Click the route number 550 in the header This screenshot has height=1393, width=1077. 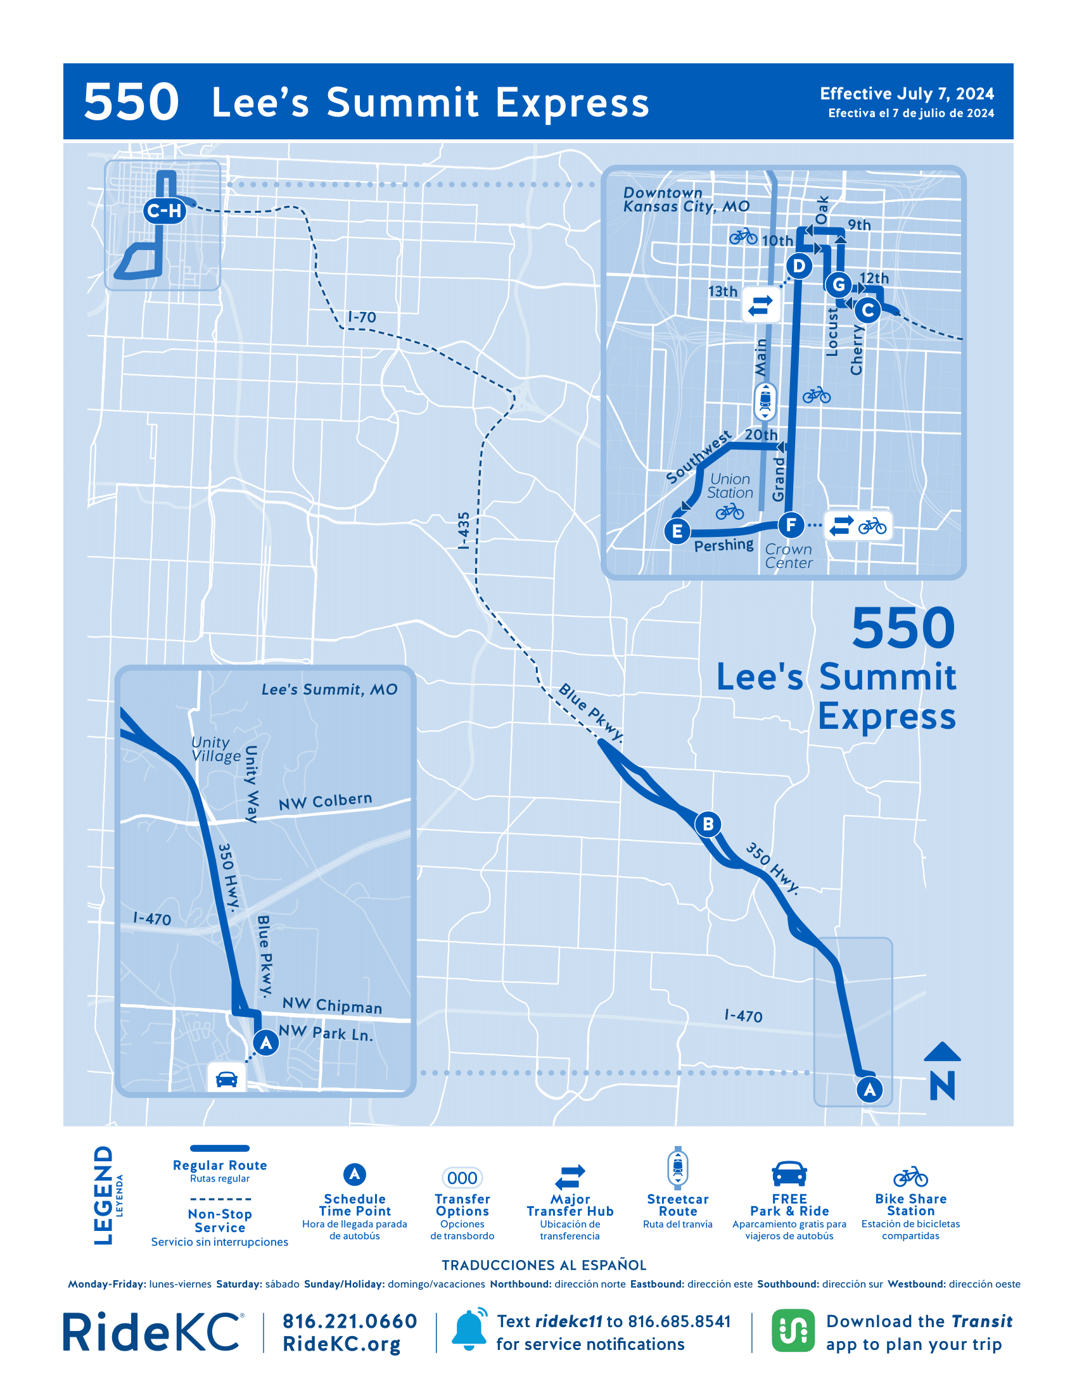131,102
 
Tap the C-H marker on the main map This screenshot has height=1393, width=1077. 165,210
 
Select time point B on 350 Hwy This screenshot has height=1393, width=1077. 708,824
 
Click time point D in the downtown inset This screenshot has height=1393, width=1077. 799,265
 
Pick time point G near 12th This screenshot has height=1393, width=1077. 838,284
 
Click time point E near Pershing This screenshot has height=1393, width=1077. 677,531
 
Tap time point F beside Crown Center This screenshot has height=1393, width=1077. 791,525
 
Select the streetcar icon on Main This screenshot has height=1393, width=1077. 765,401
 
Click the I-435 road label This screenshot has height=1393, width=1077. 464,530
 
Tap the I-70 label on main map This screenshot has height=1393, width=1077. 362,317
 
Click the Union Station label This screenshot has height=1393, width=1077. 730,486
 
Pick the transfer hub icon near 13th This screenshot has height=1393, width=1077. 760,306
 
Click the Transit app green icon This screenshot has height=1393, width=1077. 793,1330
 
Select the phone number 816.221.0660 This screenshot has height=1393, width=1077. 350,1321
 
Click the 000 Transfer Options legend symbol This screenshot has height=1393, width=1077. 462,1178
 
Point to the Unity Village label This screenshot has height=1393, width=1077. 216,750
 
